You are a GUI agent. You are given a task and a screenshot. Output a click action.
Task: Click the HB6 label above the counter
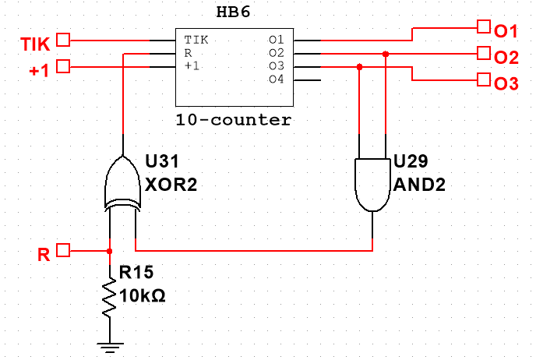pos(234,15)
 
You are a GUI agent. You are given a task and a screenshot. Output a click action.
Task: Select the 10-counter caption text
pos(234,121)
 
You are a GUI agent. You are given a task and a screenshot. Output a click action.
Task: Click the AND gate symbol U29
pos(372,185)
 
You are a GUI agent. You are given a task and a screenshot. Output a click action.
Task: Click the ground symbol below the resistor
pos(109,344)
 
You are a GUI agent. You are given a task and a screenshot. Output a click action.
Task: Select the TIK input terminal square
pos(65,39)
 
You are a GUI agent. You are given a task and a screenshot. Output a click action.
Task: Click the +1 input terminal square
pos(65,66)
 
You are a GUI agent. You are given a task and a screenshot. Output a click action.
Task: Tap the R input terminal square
pos(65,251)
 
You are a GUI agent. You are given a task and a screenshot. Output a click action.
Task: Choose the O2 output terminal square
pos(484,54)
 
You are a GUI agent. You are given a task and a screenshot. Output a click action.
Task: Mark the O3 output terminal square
pos(484,79)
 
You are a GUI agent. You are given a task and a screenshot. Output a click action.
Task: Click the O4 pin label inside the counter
pos(276,79)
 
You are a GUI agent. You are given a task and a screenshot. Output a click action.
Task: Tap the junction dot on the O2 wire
pos(386,54)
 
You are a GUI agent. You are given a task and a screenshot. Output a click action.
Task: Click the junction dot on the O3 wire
pos(359,67)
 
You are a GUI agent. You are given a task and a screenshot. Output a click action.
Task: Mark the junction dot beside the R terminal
pos(109,251)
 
